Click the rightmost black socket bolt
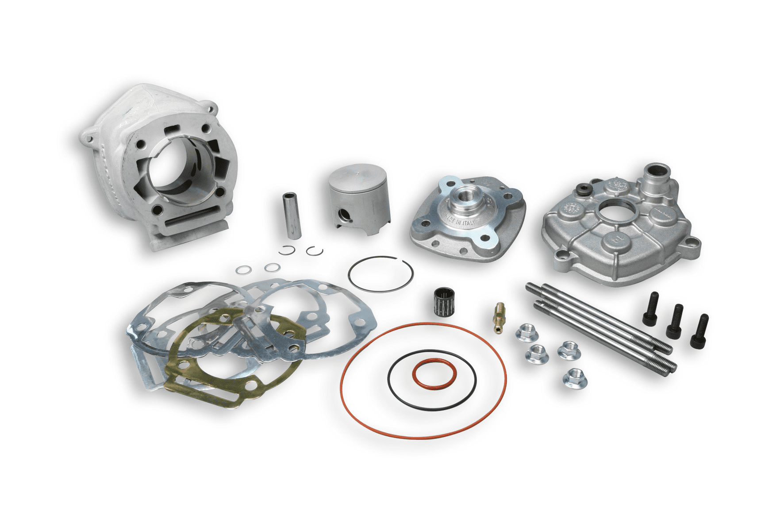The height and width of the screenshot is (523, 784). click(x=699, y=331)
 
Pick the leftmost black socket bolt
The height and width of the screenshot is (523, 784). click(x=650, y=309)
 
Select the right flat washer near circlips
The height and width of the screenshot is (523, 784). click(x=272, y=267)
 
